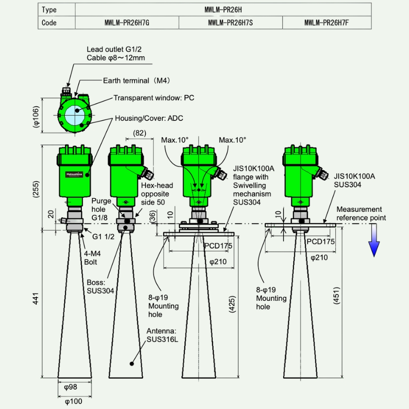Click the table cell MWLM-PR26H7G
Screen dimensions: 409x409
tap(126, 23)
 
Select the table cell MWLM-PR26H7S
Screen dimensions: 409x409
tap(230, 23)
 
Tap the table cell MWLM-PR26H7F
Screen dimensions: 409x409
tap(327, 23)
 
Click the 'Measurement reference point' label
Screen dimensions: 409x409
tap(361, 214)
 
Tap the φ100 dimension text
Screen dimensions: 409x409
tap(72, 401)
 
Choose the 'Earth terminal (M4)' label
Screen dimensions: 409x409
tap(136, 80)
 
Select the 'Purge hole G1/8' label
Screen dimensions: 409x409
tap(99, 209)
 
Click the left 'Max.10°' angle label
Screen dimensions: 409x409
tap(175, 140)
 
